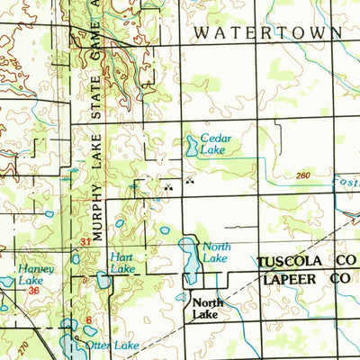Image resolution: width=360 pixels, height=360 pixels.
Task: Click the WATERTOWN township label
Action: (267, 32)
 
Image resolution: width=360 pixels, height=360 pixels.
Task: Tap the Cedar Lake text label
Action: (215, 144)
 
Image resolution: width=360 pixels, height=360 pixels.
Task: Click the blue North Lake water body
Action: (190, 259)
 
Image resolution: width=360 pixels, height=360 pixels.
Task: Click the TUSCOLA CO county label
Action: (305, 262)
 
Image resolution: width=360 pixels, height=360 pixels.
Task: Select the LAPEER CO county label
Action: (305, 280)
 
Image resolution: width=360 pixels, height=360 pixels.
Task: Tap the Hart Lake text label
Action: (121, 263)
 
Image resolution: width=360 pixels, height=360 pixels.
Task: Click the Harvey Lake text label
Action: (36, 274)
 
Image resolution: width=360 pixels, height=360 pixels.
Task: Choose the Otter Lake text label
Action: (112, 346)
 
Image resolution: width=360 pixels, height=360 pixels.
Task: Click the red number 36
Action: (33, 290)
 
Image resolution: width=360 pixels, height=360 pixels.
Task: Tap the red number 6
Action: (89, 319)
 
